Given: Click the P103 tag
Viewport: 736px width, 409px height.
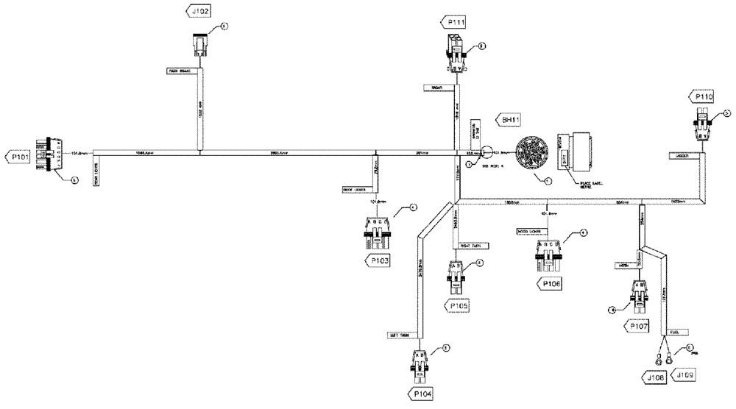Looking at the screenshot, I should point(379,260).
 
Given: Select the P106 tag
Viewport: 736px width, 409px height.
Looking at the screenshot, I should point(552,283).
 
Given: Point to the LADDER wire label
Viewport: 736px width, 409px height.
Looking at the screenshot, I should point(677,155).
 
